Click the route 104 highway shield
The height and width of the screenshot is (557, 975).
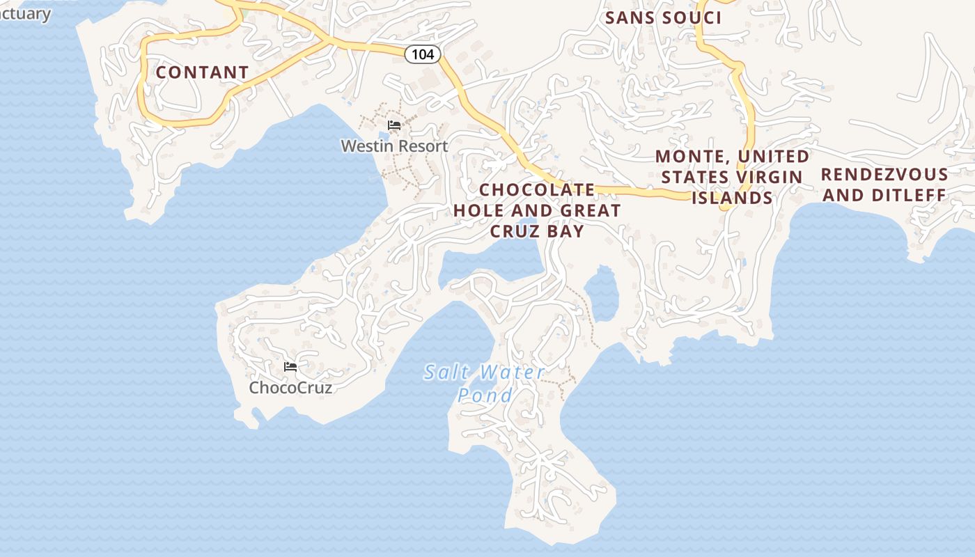tap(423, 54)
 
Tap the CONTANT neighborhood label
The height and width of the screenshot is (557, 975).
tap(202, 72)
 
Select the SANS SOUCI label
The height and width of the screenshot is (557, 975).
tap(663, 18)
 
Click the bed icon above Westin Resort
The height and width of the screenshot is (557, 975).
tap(394, 125)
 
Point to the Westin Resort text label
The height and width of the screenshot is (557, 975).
tap(394, 146)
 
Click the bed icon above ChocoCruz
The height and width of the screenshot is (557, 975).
tap(290, 367)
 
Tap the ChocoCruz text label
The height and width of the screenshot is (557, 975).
tap(290, 388)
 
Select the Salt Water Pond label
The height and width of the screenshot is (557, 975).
tap(485, 383)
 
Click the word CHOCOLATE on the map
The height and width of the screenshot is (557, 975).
tap(537, 190)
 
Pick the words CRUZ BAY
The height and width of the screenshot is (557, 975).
tap(537, 231)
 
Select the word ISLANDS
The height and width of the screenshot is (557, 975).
tap(732, 198)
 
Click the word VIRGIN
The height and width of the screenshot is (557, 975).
tap(773, 178)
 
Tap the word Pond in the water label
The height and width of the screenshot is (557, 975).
tap(485, 395)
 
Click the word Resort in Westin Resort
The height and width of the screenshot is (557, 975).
tap(420, 146)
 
